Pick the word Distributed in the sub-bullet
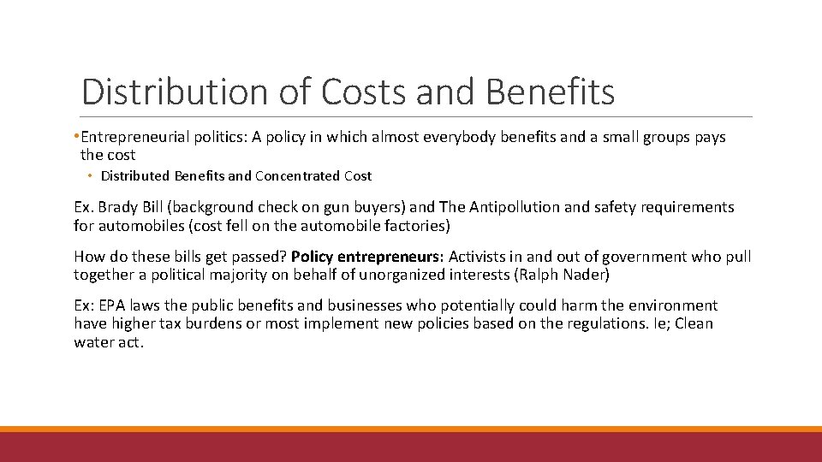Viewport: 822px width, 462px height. (135, 176)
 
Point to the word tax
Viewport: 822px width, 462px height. (176, 323)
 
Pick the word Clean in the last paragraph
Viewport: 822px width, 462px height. (694, 323)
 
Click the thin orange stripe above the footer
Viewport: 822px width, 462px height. (411, 429)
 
